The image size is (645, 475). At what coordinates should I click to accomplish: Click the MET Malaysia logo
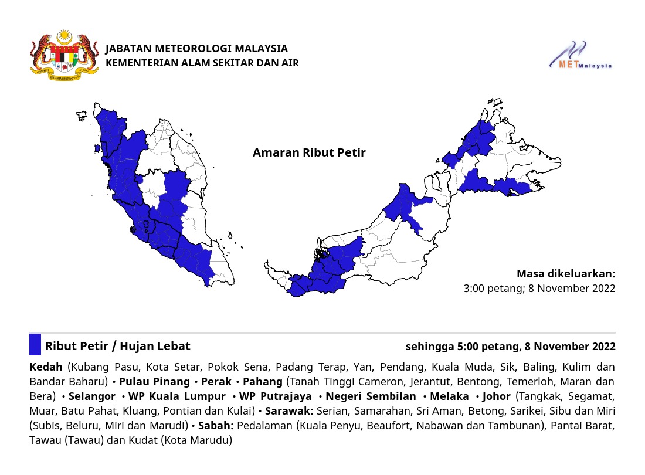pyautogui.click(x=581, y=56)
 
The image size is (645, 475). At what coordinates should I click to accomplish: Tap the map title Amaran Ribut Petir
pyautogui.click(x=309, y=153)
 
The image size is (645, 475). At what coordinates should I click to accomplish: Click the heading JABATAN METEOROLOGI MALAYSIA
pyautogui.click(x=196, y=49)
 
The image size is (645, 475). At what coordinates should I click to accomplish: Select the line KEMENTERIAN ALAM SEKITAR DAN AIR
pyautogui.click(x=202, y=63)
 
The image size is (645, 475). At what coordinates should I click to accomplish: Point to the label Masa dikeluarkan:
pyautogui.click(x=566, y=274)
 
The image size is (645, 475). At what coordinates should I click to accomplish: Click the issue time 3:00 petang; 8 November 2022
pyautogui.click(x=539, y=289)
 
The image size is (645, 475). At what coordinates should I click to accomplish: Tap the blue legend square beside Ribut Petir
pyautogui.click(x=35, y=345)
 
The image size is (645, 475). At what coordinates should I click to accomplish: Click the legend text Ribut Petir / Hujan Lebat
pyautogui.click(x=118, y=346)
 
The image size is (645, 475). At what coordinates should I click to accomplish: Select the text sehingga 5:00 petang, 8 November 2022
pyautogui.click(x=510, y=346)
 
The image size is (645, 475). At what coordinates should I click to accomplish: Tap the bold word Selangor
pyautogui.click(x=92, y=396)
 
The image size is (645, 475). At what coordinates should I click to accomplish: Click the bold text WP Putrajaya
pyautogui.click(x=275, y=396)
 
